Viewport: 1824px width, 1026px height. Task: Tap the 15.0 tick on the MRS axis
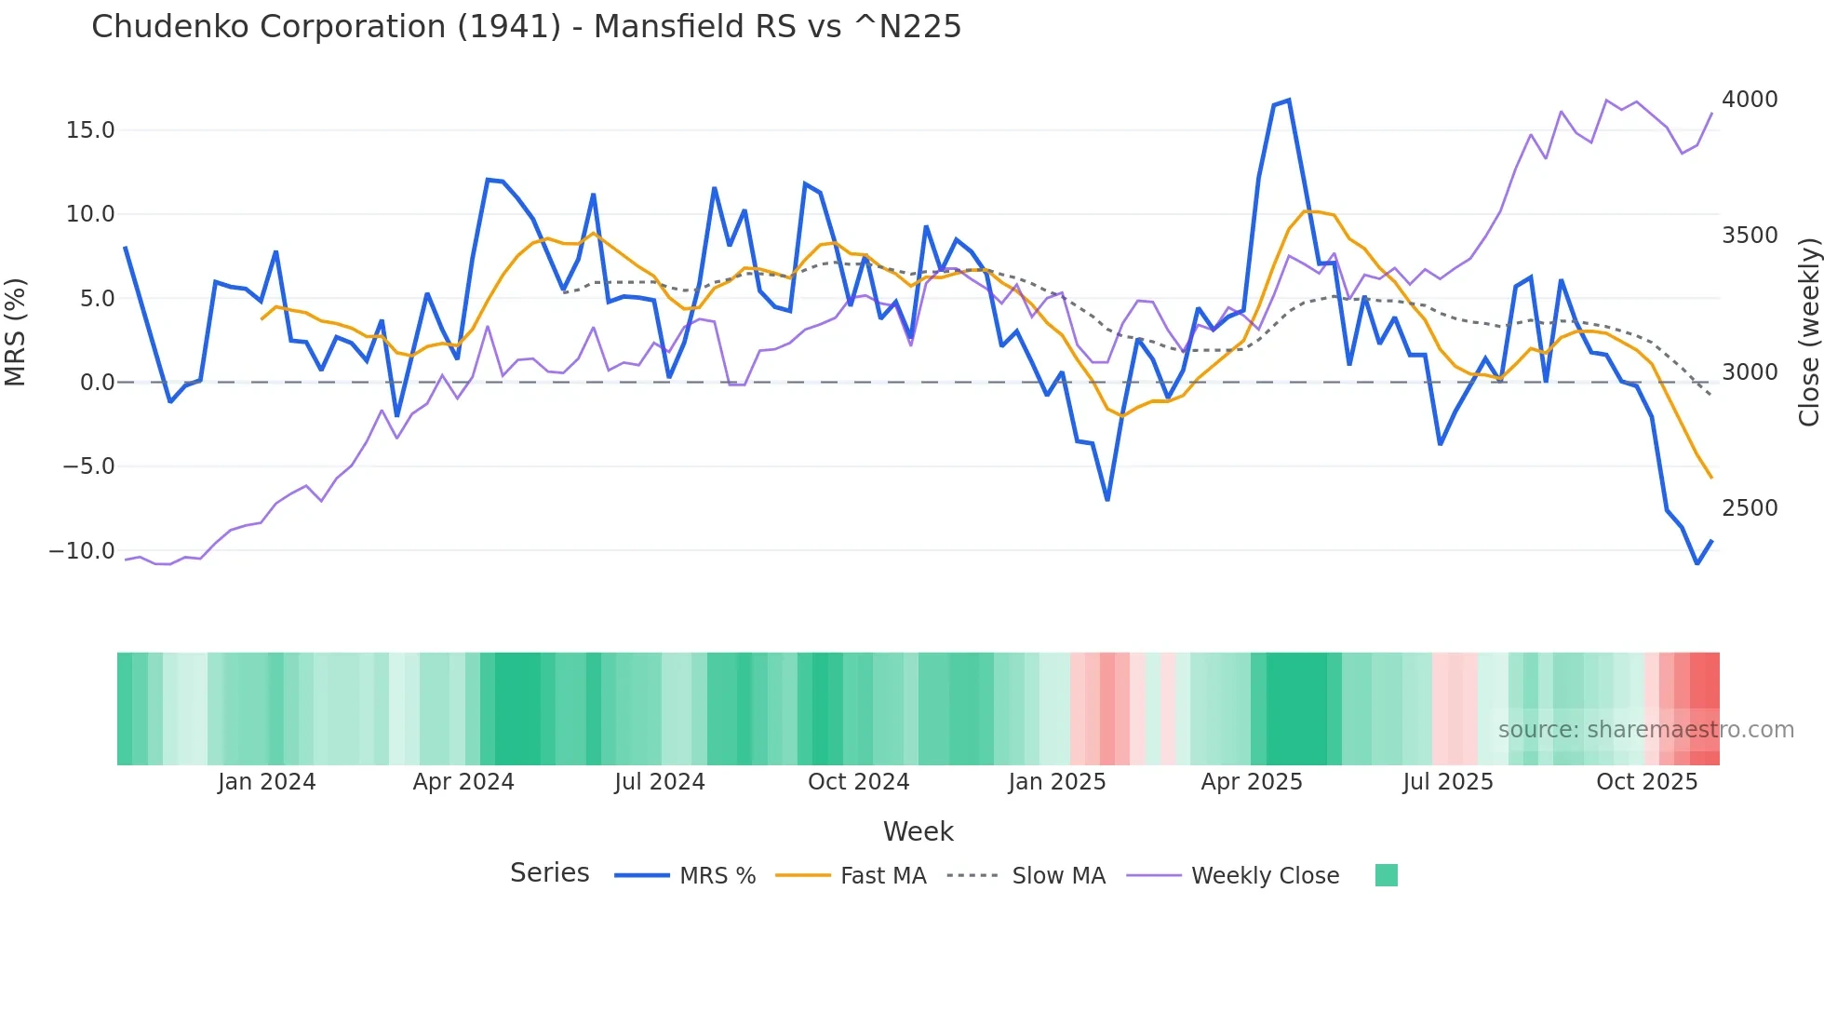point(90,130)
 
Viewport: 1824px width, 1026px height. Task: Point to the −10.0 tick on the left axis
point(82,551)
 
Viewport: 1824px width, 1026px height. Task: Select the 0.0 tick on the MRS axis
point(97,383)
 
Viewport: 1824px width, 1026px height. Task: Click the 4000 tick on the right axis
point(1750,100)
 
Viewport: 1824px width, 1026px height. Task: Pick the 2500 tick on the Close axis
point(1750,508)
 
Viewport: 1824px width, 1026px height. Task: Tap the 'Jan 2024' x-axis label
point(267,782)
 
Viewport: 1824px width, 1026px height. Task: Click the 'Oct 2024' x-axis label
point(858,782)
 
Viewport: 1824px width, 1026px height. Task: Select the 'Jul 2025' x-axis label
point(1448,782)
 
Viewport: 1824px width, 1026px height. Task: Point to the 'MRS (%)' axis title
point(16,332)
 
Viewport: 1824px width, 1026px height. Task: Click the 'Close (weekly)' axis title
point(1808,332)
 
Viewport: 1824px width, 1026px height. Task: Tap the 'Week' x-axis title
point(918,831)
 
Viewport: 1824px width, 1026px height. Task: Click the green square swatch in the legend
point(1386,875)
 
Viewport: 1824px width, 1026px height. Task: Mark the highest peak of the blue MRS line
point(1288,100)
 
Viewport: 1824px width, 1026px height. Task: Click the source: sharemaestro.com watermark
point(1645,730)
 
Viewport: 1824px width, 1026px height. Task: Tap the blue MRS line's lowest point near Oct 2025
point(1697,563)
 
